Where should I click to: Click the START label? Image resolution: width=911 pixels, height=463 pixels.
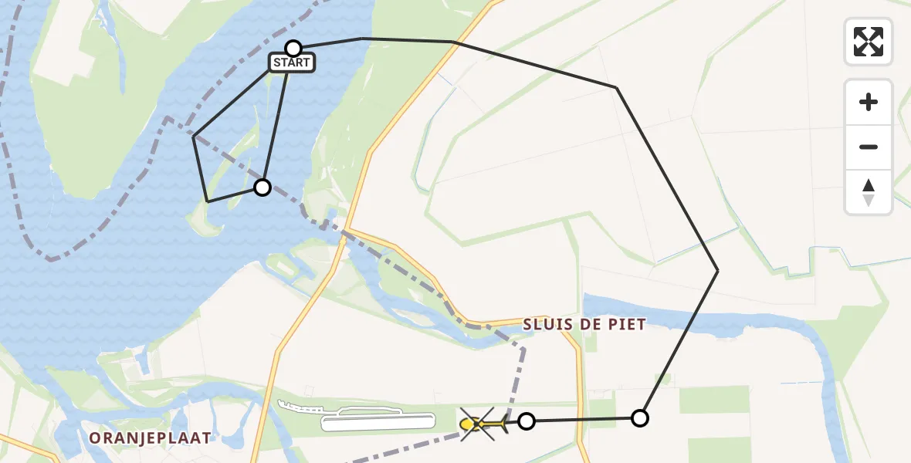coord(292,63)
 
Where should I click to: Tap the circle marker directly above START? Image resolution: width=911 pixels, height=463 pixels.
coord(293,49)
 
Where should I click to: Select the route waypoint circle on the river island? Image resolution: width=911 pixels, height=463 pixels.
coord(262,187)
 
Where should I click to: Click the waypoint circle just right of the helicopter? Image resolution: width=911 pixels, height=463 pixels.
coord(527,421)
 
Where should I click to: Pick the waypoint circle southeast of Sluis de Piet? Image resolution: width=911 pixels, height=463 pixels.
coord(640,418)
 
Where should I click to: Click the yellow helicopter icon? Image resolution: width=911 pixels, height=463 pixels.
coord(482,424)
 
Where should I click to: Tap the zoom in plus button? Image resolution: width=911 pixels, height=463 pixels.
coord(869,102)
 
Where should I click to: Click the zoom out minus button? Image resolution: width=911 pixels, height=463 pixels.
coord(869,147)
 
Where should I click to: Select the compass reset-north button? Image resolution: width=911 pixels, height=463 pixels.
coord(869,192)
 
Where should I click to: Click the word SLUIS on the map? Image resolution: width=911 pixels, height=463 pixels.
coord(548,325)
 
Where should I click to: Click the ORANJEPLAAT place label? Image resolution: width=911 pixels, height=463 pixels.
coord(150,438)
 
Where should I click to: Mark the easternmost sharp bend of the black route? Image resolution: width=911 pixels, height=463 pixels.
coord(718,270)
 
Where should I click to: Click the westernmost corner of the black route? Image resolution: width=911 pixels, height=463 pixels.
coord(194,137)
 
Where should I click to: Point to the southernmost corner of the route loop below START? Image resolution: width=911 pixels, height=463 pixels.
coord(208,201)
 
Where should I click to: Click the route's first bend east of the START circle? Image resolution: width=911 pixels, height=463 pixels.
coord(362,38)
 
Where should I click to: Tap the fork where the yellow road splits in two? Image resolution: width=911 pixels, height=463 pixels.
coord(345,230)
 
